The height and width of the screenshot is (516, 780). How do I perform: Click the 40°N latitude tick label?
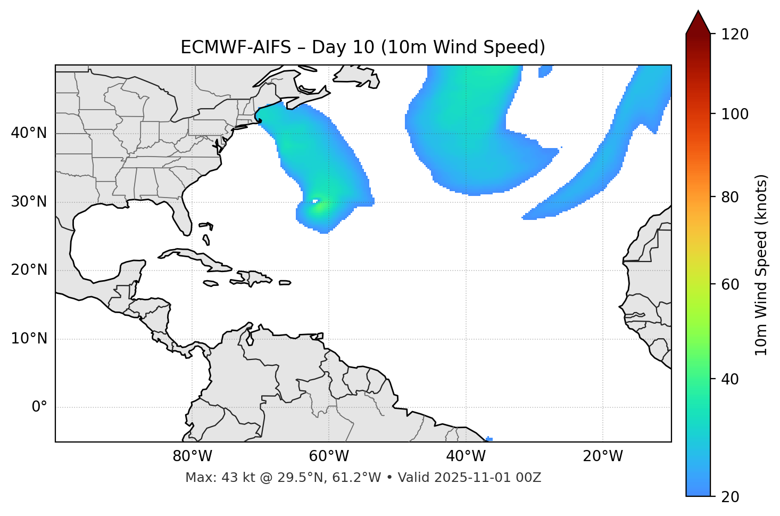29,133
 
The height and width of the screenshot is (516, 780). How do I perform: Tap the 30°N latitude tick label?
29,202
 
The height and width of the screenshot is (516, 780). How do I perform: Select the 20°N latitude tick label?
29,270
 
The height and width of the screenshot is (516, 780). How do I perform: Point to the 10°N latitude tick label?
29,339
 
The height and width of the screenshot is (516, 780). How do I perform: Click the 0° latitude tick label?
39,407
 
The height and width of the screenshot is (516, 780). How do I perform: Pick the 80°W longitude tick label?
192,456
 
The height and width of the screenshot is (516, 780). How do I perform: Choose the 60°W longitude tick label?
329,456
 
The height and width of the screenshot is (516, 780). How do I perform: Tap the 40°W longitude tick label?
466,456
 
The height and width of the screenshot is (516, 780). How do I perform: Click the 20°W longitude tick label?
603,456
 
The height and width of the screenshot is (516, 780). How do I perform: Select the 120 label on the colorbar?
735,35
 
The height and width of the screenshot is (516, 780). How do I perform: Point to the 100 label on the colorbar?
735,114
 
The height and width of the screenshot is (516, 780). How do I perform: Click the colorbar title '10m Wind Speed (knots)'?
761,265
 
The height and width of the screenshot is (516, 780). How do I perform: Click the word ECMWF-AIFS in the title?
236,47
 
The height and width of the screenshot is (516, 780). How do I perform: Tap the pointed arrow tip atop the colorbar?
698,13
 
